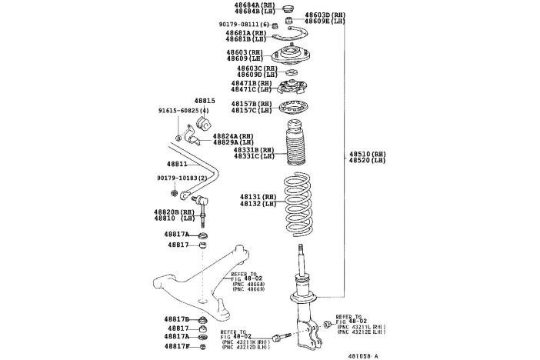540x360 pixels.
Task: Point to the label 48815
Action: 204,101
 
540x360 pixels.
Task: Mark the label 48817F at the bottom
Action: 176,345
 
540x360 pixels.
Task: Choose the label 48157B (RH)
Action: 253,103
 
